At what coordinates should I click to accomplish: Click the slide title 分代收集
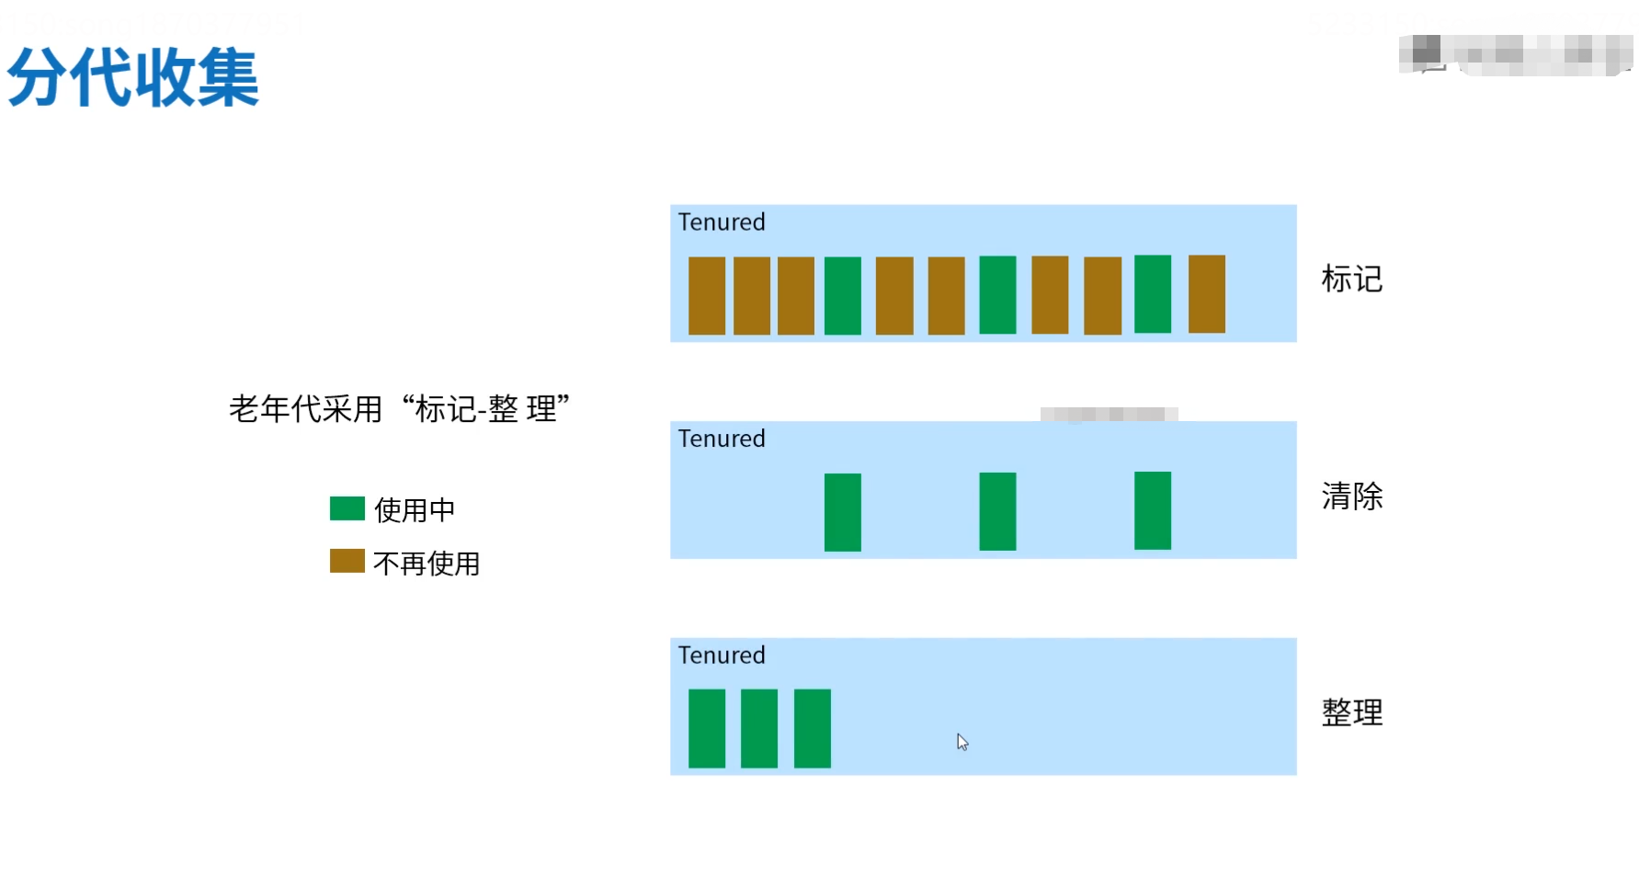tap(133, 78)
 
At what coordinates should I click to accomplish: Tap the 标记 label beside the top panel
tap(1351, 279)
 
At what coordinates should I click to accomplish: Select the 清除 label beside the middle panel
tap(1351, 496)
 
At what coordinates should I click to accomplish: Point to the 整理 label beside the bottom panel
tap(1351, 713)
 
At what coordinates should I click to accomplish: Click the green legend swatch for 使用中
tap(347, 508)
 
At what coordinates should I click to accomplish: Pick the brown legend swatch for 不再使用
tap(347, 561)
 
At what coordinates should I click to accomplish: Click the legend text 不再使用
tap(427, 563)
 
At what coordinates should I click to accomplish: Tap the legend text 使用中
tap(415, 509)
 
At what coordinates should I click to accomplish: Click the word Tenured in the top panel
tap(722, 222)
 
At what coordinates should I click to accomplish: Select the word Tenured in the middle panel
tap(722, 439)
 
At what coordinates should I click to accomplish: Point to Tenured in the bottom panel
tap(722, 656)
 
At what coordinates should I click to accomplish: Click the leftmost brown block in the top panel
tap(707, 295)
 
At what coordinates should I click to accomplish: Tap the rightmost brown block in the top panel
tap(1207, 294)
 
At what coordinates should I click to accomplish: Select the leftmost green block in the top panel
tap(843, 295)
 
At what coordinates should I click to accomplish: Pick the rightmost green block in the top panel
tap(1153, 294)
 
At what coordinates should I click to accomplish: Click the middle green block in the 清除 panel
tap(997, 511)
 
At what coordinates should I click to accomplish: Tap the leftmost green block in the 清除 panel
tap(843, 512)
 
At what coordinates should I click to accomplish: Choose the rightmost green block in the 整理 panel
tap(813, 728)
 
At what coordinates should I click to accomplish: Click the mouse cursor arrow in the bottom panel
tap(962, 741)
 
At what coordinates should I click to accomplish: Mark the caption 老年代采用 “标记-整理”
tap(399, 409)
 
